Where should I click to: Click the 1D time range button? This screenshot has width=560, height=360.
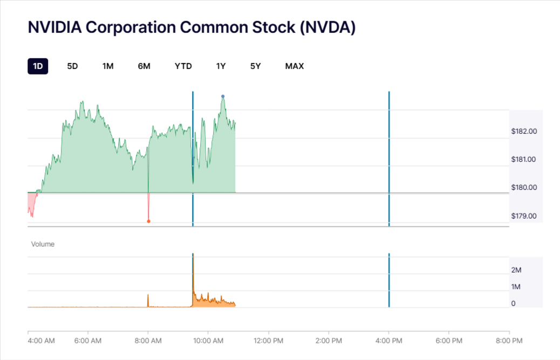pyautogui.click(x=38, y=66)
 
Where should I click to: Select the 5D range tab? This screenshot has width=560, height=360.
pyautogui.click(x=72, y=66)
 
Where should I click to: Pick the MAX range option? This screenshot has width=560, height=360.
pyautogui.click(x=295, y=66)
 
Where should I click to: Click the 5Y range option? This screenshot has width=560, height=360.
pyautogui.click(x=255, y=66)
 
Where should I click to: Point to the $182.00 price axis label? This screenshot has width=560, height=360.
pyautogui.click(x=524, y=131)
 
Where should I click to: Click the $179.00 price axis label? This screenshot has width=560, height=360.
pyautogui.click(x=524, y=216)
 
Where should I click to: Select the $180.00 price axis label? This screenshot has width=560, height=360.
pyautogui.click(x=524, y=188)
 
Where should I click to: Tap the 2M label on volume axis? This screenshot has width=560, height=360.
pyautogui.click(x=516, y=270)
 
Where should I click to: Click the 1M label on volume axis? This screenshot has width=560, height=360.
pyautogui.click(x=516, y=287)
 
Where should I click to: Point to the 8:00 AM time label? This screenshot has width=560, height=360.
pyautogui.click(x=148, y=341)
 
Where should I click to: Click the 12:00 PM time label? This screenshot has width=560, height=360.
pyautogui.click(x=268, y=341)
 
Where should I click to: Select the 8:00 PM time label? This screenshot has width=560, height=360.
pyautogui.click(x=509, y=341)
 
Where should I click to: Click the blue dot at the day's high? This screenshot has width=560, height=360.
pyautogui.click(x=223, y=97)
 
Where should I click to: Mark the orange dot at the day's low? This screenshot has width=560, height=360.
pyautogui.click(x=148, y=221)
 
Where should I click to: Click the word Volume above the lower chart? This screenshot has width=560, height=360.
pyautogui.click(x=43, y=244)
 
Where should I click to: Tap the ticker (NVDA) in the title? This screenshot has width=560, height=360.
pyautogui.click(x=326, y=28)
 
